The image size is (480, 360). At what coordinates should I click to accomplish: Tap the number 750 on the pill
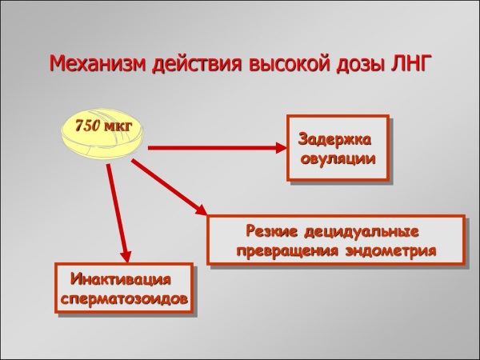[x=89, y=126]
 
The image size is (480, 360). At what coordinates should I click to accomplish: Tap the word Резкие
[x=268, y=233]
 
